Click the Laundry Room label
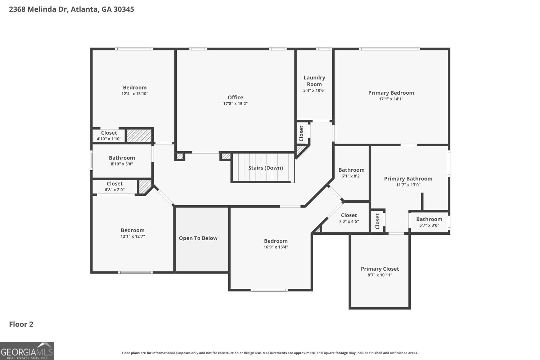314,81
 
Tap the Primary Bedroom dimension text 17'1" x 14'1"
391,99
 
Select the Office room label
235,98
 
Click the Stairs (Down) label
265,168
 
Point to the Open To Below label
198,238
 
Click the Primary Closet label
380,269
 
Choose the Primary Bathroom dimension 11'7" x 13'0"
408,185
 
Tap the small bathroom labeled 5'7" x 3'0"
429,222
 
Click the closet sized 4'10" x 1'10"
109,136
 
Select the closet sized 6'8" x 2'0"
114,186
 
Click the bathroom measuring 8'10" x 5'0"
122,161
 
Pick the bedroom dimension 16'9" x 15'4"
276,247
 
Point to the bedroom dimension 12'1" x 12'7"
132,237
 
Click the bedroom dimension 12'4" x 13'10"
135,94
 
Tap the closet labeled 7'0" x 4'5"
349,218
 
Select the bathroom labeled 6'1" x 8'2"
351,173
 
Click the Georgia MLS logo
27,351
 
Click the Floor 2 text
21,324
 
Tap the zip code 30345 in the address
123,9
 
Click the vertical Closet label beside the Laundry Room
301,133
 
